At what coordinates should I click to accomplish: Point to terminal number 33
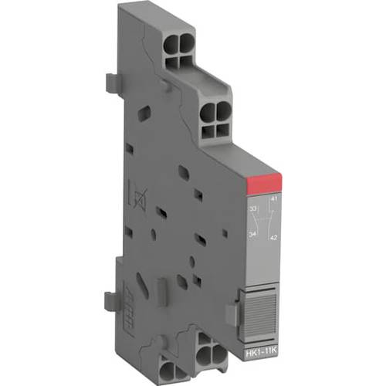[253, 208]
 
